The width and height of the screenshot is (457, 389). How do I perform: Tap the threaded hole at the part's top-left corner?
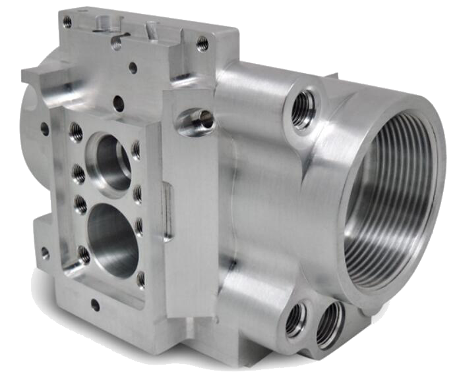tap(67, 22)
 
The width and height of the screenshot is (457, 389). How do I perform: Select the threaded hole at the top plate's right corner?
tap(202, 43)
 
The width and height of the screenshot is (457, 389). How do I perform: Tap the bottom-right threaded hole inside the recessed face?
tap(140, 279)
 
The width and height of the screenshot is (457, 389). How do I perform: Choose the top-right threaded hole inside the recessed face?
tap(136, 149)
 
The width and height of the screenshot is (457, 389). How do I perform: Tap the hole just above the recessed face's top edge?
tap(119, 102)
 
